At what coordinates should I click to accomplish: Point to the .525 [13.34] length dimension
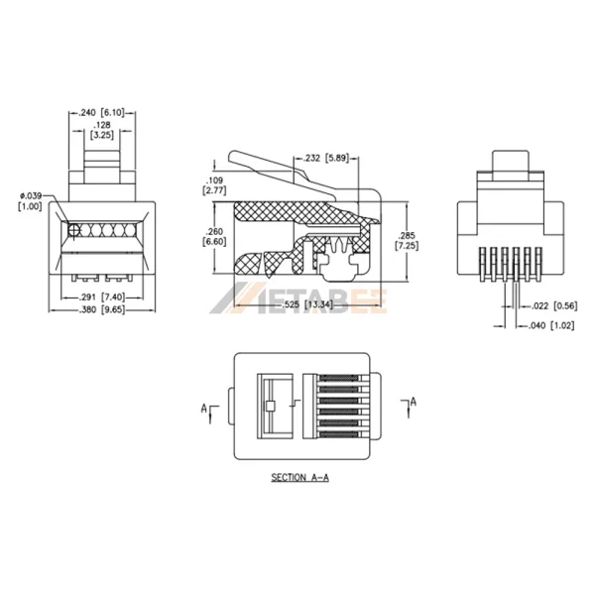coord(305,303)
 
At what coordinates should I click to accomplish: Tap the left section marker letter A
coord(203,407)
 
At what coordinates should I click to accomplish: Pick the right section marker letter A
coord(414,401)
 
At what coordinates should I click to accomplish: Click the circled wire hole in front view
coord(74,231)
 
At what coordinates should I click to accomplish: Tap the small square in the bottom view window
coord(269,406)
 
